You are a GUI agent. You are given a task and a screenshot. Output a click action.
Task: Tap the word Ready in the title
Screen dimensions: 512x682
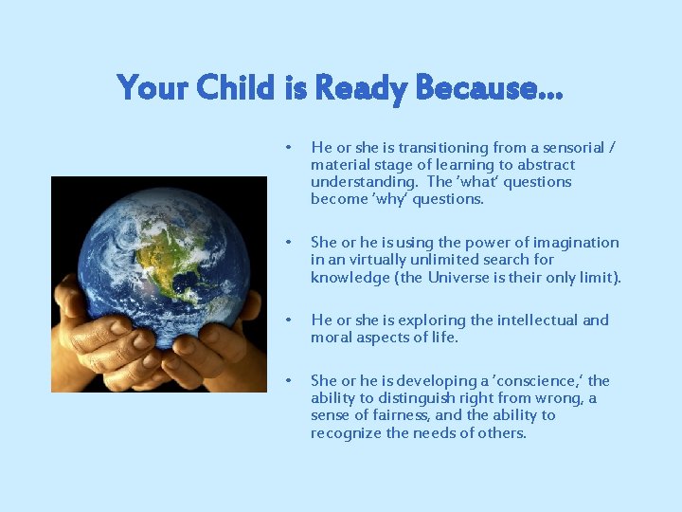[x=362, y=88]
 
